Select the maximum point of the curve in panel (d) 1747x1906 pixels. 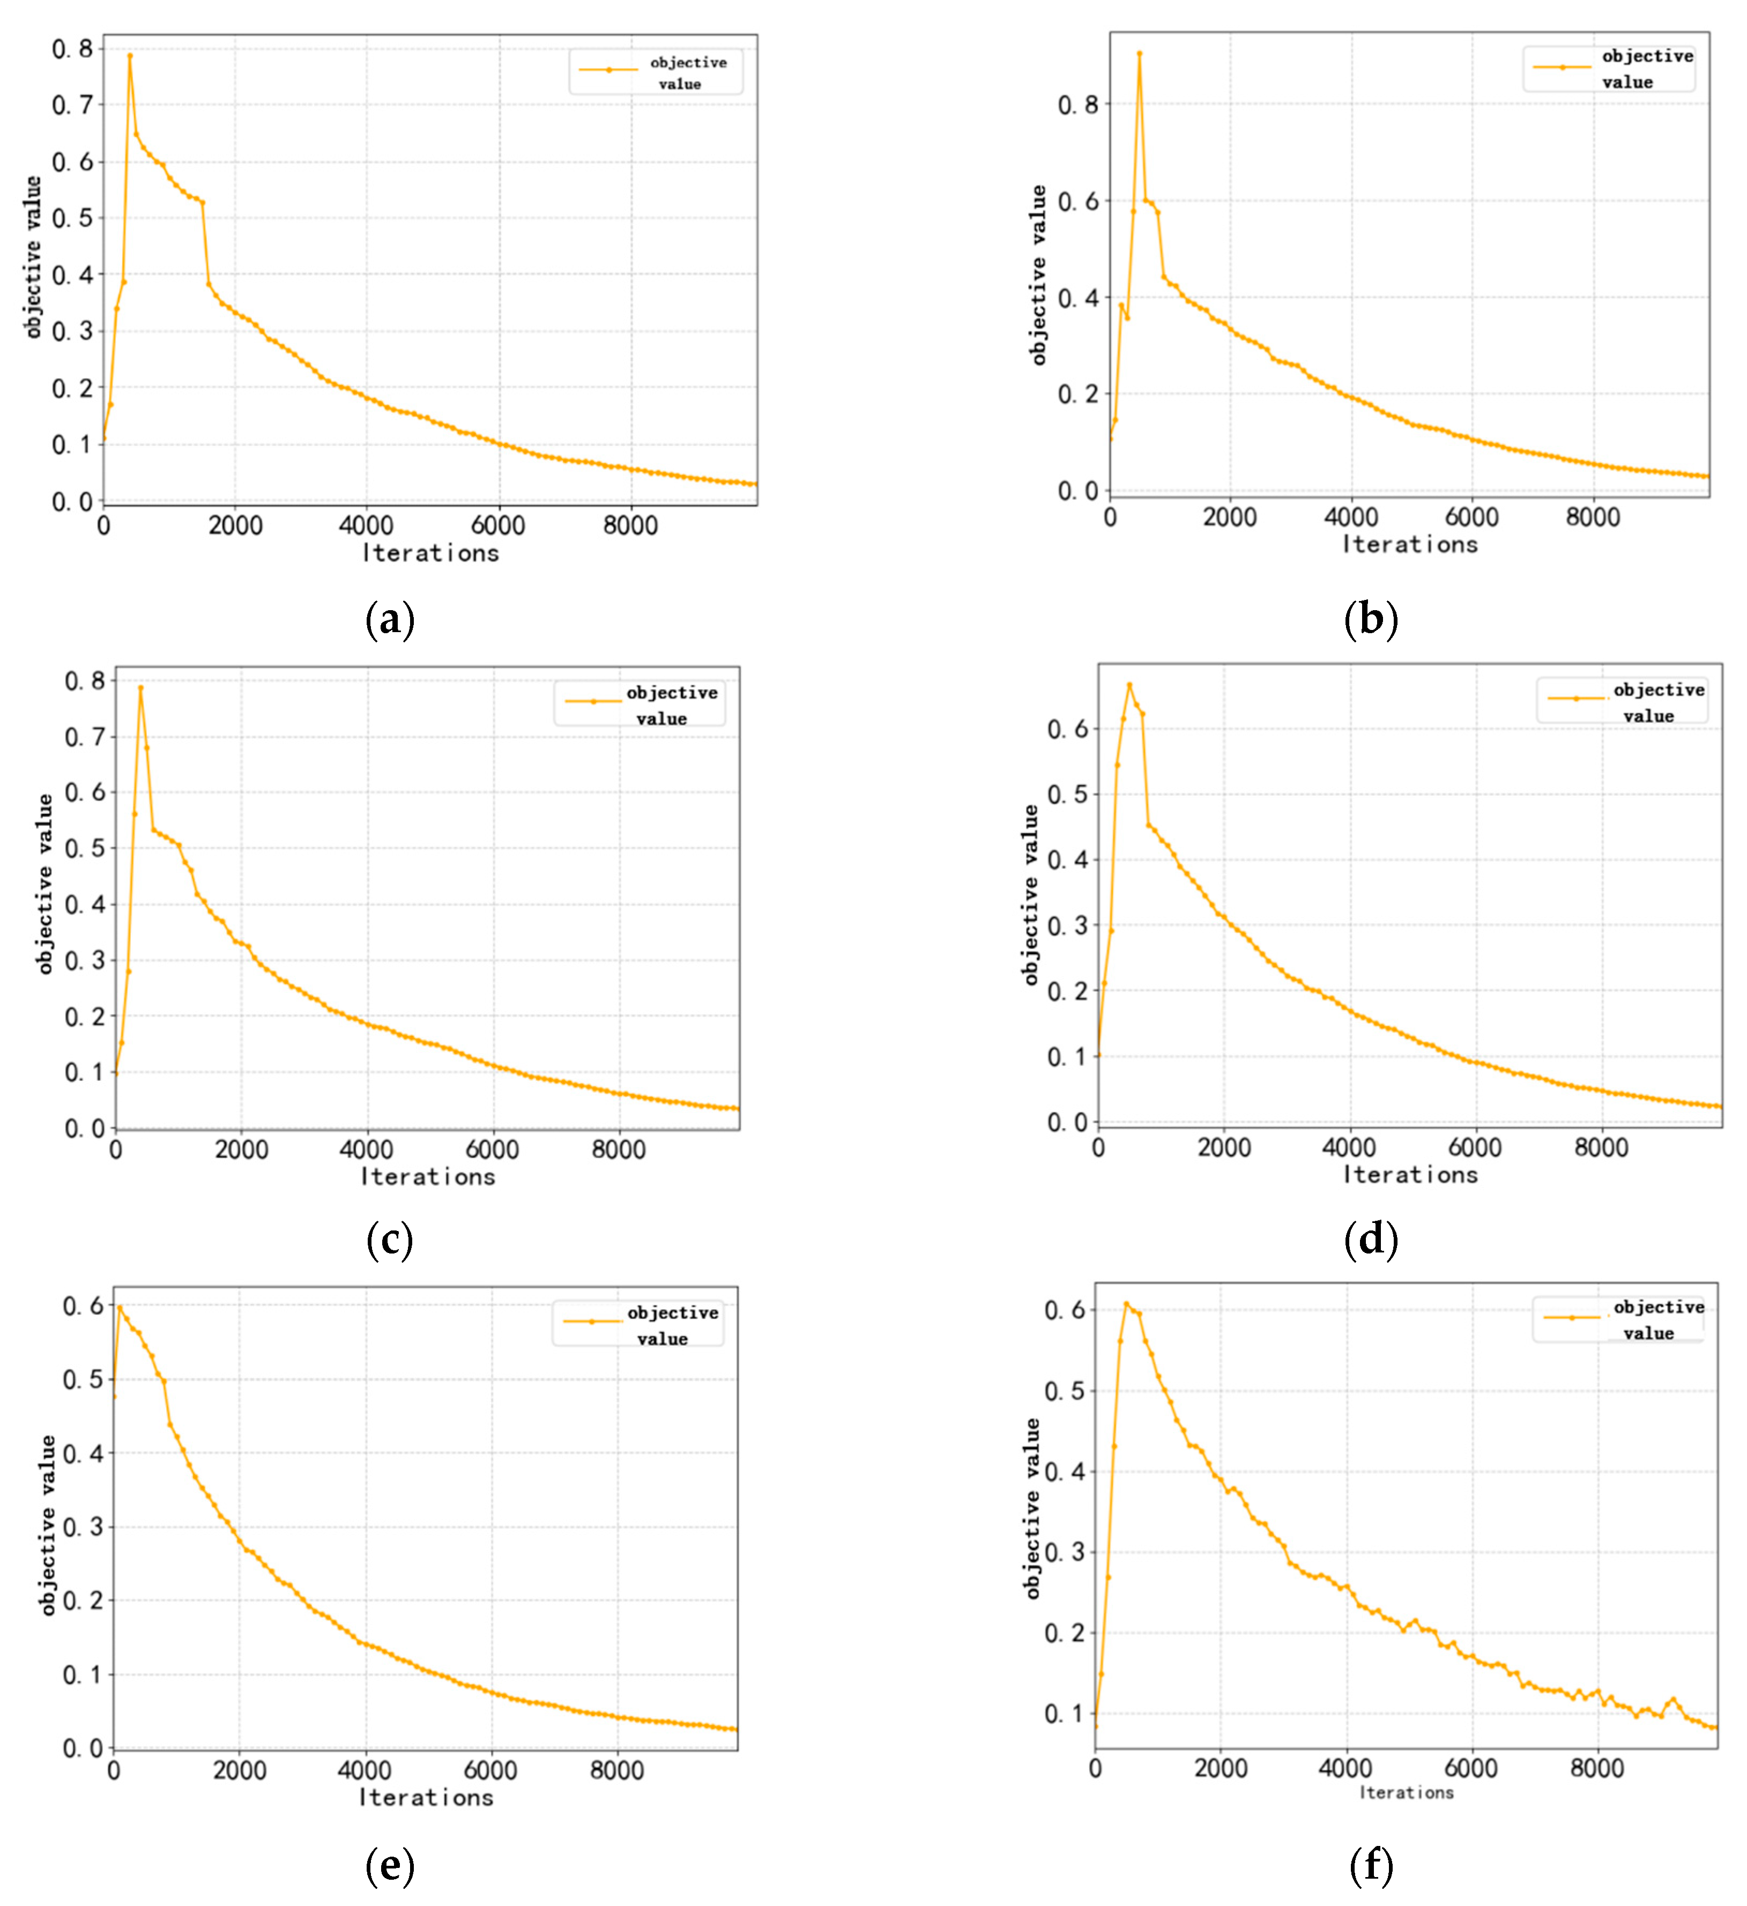click(1129, 685)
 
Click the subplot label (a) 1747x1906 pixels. click(390, 620)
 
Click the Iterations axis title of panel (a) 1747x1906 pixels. click(431, 553)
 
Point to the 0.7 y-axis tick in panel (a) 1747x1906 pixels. click(73, 105)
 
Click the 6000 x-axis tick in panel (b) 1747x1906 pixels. click(1472, 517)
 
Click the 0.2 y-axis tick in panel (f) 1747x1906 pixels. click(1065, 1633)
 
